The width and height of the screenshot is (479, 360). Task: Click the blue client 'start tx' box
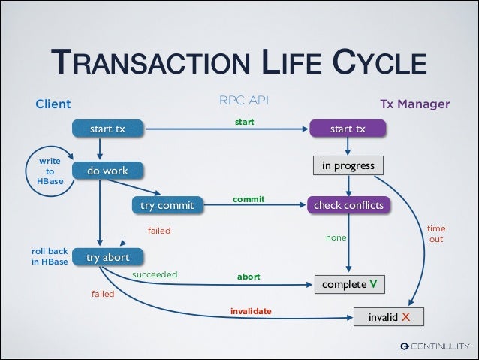coord(107,129)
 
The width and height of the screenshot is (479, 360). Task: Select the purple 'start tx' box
coord(348,129)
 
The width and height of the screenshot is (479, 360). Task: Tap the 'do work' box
coord(107,171)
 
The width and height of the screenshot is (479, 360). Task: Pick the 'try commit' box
coord(167,204)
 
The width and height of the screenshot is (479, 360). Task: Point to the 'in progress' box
coord(348,165)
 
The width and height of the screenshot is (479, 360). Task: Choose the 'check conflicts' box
coord(348,204)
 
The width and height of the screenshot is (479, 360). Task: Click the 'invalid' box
coord(388,316)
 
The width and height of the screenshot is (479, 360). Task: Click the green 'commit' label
coord(248,200)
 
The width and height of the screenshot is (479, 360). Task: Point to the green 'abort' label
coord(249,277)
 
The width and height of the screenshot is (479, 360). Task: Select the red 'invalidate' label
coord(251,310)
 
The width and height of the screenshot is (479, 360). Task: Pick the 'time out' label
coord(436,233)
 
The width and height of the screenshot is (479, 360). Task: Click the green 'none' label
coord(336,237)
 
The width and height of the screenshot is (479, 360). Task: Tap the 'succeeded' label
coord(155,274)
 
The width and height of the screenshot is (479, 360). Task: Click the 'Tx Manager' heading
coord(414,104)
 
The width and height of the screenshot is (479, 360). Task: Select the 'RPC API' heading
coord(243,100)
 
